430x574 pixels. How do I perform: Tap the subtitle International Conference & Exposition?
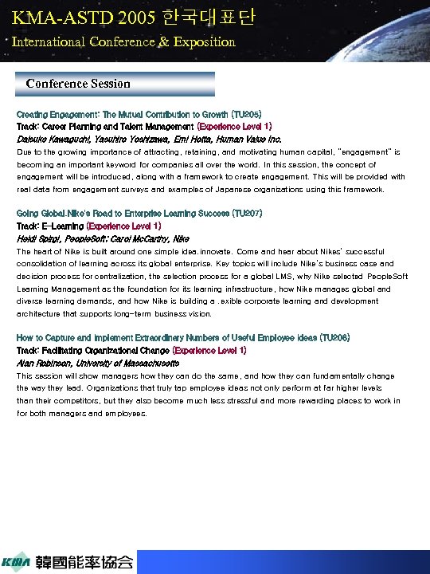point(123,41)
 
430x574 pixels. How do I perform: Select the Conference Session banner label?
point(78,83)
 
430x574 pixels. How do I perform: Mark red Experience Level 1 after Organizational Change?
point(209,350)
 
